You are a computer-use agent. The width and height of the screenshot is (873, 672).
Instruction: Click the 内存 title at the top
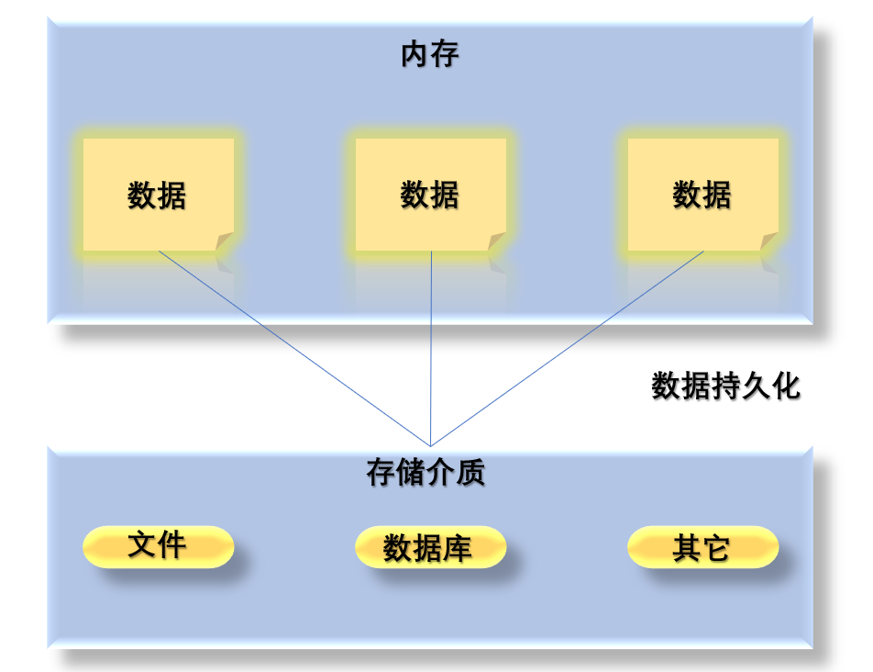[x=429, y=55]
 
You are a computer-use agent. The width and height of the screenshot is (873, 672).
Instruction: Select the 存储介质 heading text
[x=425, y=473]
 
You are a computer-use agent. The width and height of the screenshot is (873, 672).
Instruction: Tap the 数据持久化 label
[x=725, y=386]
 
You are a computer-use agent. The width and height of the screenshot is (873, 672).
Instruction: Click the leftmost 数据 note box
[x=158, y=195]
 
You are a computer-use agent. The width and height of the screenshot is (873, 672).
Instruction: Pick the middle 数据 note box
[x=430, y=195]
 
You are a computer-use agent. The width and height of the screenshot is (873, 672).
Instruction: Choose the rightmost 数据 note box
[x=702, y=195]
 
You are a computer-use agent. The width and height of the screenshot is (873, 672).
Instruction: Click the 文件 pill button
[x=158, y=546]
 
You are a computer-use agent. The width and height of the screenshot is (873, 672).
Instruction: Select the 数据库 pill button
[x=430, y=548]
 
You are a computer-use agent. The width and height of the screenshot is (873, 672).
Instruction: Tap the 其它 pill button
[x=702, y=548]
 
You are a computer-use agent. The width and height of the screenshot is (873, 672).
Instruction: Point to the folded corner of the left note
[x=225, y=241]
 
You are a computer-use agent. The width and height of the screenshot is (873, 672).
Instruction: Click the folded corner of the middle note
[x=497, y=241]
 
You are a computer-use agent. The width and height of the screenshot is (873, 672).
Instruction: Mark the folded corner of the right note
[x=769, y=241]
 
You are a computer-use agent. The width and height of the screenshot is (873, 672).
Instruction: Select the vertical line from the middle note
[x=431, y=349]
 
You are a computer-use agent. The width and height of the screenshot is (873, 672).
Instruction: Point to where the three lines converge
[x=431, y=445]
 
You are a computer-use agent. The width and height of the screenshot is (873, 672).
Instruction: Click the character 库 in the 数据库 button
[x=458, y=549]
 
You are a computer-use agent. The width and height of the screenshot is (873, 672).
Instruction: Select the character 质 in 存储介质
[x=470, y=473]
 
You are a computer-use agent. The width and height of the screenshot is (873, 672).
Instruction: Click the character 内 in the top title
[x=414, y=55]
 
